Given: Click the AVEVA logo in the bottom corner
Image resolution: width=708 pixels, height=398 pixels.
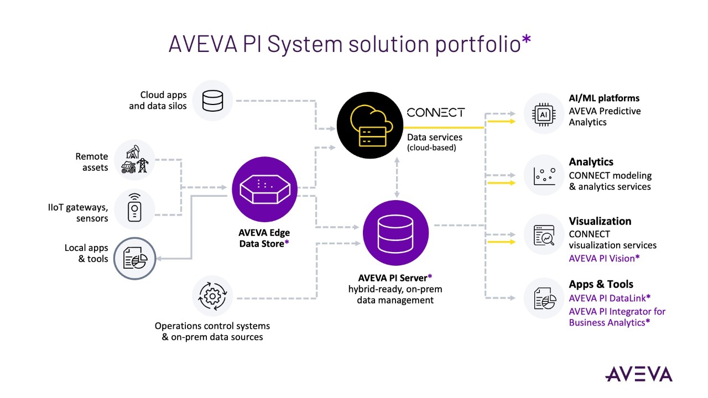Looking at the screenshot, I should click(638, 374).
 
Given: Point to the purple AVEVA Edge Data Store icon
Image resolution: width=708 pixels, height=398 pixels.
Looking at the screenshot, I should click(264, 188).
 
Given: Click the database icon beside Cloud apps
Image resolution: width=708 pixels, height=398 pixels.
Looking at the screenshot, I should click(212, 101).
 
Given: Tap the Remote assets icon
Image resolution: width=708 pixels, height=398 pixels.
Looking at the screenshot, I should click(134, 160).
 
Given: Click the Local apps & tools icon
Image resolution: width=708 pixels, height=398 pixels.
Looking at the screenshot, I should click(134, 259).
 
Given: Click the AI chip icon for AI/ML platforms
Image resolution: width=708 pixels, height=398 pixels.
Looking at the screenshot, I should click(544, 113).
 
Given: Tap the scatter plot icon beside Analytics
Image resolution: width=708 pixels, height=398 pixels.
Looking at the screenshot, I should click(544, 175).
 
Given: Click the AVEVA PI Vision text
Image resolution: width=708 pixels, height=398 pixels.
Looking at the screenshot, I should click(604, 258).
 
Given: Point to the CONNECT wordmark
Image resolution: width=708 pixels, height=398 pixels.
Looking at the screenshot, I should click(436, 112).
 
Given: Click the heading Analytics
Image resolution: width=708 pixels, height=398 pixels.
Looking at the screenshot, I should click(591, 162).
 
